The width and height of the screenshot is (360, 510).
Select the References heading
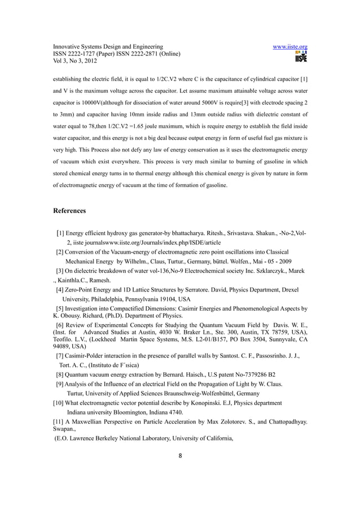tap(69, 211)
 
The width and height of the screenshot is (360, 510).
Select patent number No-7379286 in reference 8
tap(242, 374)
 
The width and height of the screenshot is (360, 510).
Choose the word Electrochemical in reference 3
tap(194, 271)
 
